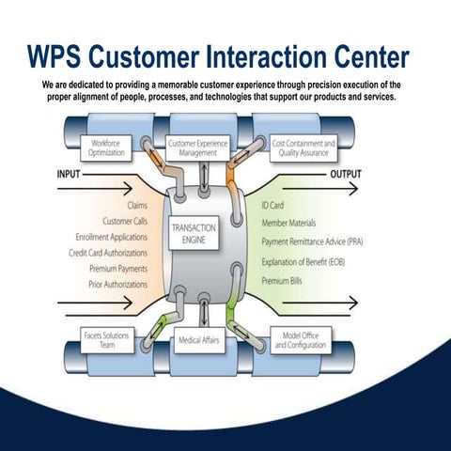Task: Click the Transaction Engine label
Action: (194, 234)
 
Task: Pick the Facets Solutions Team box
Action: (105, 341)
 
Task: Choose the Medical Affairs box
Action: (199, 341)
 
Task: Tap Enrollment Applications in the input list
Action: (110, 237)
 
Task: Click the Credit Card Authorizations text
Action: (108, 253)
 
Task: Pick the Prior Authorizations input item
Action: (117, 284)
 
